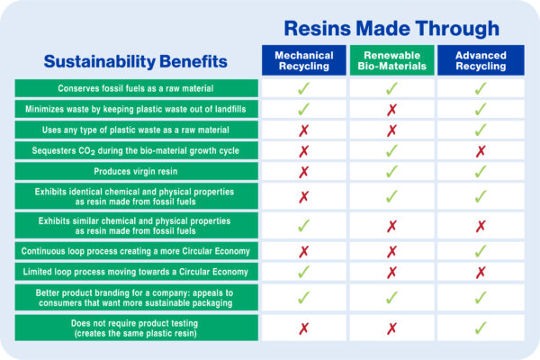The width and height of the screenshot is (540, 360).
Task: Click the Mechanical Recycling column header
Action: pyautogui.click(x=304, y=60)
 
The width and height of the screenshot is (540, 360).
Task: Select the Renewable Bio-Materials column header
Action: pyautogui.click(x=391, y=60)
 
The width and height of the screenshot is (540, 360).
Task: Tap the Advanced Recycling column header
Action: pyautogui.click(x=481, y=60)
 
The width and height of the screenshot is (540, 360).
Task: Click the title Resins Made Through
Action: pyautogui.click(x=391, y=28)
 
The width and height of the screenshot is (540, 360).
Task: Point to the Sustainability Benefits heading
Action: pyautogui.click(x=135, y=61)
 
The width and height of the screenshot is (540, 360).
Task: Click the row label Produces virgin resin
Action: pyautogui.click(x=137, y=171)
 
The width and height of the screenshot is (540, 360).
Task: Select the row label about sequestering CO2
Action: pyautogui.click(x=137, y=150)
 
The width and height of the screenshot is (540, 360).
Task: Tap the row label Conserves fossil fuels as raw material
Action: pyautogui.click(x=137, y=88)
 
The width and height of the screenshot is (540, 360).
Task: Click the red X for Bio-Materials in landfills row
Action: pyautogui.click(x=391, y=110)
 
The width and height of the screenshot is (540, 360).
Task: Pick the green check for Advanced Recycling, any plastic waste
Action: pyautogui.click(x=481, y=130)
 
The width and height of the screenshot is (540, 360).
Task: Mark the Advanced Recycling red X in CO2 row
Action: pyautogui.click(x=481, y=151)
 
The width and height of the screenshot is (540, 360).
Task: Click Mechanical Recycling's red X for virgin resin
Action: pyautogui.click(x=304, y=172)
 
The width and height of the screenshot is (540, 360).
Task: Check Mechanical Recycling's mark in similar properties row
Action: pyautogui.click(x=304, y=226)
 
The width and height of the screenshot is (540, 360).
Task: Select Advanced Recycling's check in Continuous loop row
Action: pyautogui.click(x=481, y=251)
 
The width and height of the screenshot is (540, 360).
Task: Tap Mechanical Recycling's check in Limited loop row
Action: pyautogui.click(x=304, y=272)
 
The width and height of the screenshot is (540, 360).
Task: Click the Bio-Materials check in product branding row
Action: pyautogui.click(x=391, y=298)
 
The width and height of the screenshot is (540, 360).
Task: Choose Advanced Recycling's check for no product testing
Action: pyautogui.click(x=481, y=328)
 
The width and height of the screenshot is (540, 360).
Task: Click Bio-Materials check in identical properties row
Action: pyautogui.click(x=391, y=196)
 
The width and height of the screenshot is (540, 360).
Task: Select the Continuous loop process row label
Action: pyautogui.click(x=137, y=251)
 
